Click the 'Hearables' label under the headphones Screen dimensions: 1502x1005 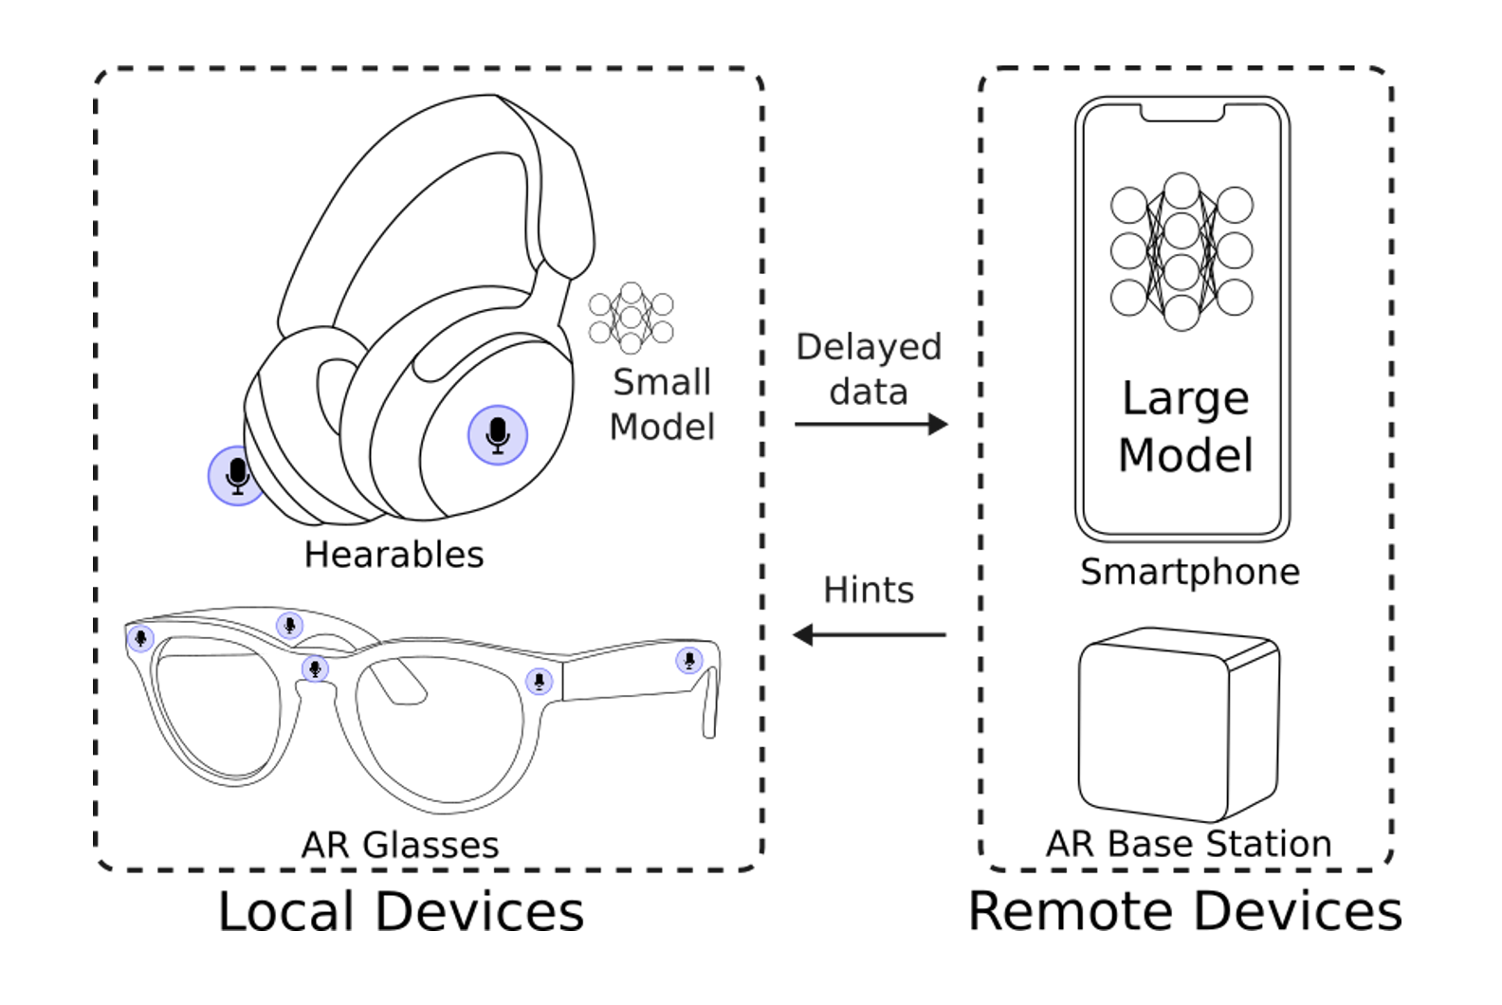pos(394,555)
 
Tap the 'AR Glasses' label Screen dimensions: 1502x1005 pos(400,845)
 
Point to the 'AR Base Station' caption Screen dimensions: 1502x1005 pos(1189,844)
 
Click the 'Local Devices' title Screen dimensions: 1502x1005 pos(401,911)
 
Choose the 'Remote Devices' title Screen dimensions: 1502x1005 pos(1185,911)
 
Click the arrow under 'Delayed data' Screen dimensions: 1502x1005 pos(871,425)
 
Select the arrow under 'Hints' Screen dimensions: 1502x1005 pos(870,634)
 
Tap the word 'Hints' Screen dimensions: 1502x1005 pos(869,590)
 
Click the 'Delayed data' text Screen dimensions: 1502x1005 pos(869,370)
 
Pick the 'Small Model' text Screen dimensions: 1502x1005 pos(662,404)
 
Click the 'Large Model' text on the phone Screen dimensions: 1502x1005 pos(1185,427)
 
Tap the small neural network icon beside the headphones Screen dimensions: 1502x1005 pos(631,318)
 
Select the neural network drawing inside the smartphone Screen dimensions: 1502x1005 pos(1181,251)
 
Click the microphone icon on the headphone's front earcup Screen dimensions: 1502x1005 pos(498,435)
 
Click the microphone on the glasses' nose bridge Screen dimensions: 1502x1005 pos(315,668)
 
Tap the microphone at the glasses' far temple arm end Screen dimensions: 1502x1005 pos(689,661)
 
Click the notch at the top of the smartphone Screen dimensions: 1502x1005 pos(1182,114)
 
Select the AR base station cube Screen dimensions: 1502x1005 pos(1179,724)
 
